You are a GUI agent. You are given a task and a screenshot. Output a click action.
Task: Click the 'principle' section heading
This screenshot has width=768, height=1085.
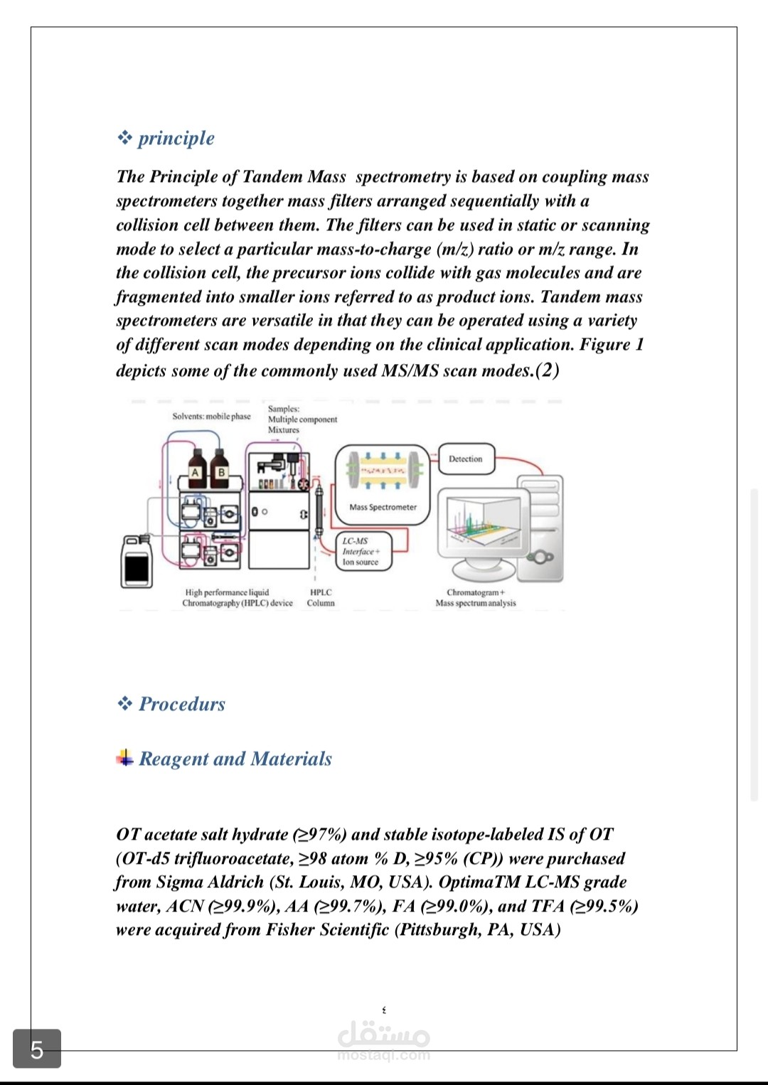tap(176, 138)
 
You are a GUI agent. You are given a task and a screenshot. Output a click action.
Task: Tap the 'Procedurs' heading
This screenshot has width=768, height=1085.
tap(182, 704)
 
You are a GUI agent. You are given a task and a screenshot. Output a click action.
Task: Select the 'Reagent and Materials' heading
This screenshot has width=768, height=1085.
tap(235, 759)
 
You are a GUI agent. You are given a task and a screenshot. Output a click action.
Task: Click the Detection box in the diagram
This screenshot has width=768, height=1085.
tap(466, 459)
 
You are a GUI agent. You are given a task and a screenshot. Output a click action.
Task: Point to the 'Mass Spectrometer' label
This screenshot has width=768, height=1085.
tap(383, 507)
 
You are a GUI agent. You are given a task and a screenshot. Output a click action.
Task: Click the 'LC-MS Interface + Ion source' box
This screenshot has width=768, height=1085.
tap(364, 551)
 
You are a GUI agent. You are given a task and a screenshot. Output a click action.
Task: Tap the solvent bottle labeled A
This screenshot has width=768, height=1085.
tap(197, 469)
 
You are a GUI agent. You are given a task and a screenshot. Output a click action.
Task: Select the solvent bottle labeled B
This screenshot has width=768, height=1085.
tap(220, 469)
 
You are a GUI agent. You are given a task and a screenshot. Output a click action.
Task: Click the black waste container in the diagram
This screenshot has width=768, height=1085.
tap(137, 562)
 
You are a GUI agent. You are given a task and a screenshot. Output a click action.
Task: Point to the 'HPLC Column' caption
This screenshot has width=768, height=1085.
tap(321, 598)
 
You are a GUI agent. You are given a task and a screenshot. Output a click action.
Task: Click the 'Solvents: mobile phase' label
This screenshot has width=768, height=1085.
tap(212, 416)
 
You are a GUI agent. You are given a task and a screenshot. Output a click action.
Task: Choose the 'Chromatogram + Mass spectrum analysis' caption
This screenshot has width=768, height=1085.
tap(476, 598)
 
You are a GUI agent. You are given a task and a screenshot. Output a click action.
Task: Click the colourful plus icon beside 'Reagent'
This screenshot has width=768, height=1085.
tap(125, 757)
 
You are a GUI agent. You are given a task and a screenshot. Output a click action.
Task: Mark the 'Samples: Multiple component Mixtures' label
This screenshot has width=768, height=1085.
tap(302, 419)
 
